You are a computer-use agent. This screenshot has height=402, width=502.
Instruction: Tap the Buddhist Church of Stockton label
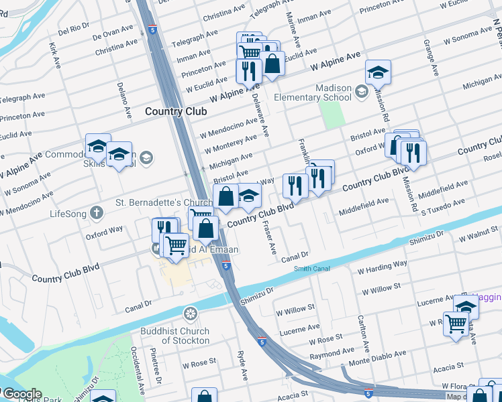174,336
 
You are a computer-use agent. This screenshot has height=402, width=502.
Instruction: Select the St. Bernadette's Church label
164,202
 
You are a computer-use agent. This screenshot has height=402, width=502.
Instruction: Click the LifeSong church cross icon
97,214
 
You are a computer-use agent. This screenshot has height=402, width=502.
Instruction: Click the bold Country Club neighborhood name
176,111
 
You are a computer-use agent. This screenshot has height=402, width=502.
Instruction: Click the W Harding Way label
383,264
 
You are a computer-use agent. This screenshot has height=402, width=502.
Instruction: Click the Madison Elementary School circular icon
361,91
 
